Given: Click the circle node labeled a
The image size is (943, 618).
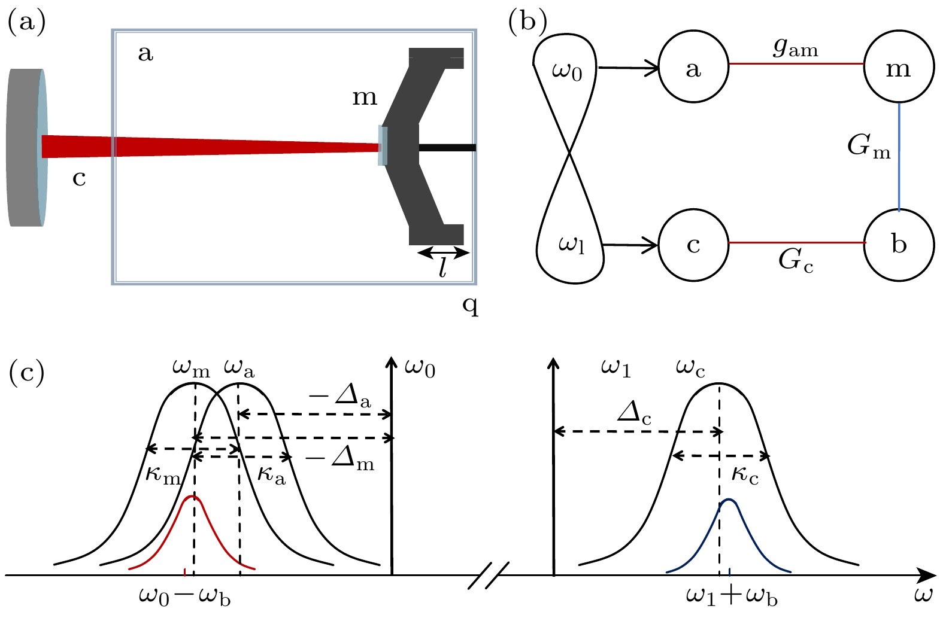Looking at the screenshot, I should click(x=693, y=68).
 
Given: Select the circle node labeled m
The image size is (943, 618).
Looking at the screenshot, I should click(x=899, y=68).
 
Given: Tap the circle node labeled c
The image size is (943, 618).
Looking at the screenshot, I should click(x=693, y=244).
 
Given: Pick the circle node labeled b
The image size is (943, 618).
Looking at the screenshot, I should click(x=899, y=244).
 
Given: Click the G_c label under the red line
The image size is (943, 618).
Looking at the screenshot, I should click(x=796, y=260).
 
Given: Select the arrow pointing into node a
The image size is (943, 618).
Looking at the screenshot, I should click(x=629, y=68).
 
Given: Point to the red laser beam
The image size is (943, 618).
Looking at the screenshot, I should click(x=210, y=146).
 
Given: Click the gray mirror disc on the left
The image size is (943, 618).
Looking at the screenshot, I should click(x=25, y=147).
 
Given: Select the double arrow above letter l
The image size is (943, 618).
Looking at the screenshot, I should click(x=443, y=253).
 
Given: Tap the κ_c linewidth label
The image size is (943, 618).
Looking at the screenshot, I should click(x=745, y=476).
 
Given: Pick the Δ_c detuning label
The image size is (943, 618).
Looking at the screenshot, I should click(x=634, y=412).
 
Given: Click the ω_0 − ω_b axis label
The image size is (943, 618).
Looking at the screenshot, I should click(x=185, y=597).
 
